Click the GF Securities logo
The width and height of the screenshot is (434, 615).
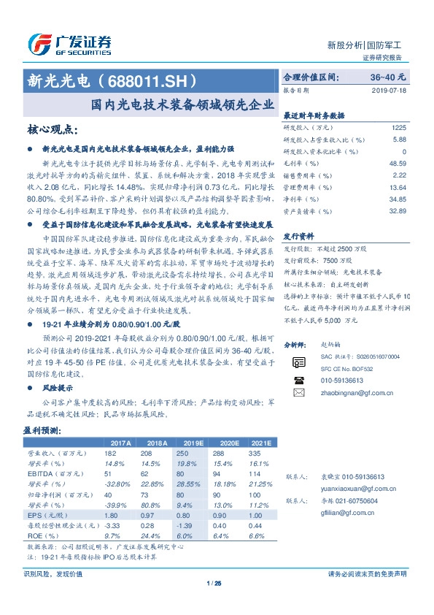coord(69,45)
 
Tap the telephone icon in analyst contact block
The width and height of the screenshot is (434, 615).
coord(298,380)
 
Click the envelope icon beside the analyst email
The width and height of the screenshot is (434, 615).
coord(298,392)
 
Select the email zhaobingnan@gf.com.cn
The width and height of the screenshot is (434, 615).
coord(347,392)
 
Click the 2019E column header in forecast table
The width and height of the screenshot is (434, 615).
coord(193,443)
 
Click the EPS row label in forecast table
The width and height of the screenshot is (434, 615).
coord(44,514)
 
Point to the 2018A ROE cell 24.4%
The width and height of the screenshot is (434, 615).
coord(152,535)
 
